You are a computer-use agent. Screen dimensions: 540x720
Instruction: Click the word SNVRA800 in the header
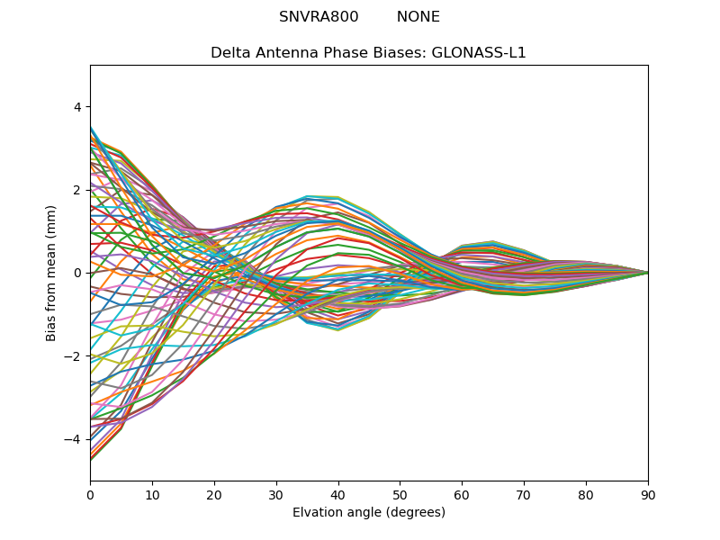pyautogui.click(x=319, y=17)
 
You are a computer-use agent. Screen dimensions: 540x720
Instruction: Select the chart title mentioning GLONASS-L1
pyautogui.click(x=368, y=53)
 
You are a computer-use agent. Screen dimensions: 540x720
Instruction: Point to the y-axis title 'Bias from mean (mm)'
pyautogui.click(x=51, y=273)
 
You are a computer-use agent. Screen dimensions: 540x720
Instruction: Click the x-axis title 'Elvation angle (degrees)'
pyautogui.click(x=369, y=513)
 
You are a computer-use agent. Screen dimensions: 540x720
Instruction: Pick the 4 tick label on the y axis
pyautogui.click(x=76, y=107)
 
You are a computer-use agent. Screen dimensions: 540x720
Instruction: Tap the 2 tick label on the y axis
pyautogui.click(x=76, y=190)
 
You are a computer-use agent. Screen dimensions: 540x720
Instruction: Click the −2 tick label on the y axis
pyautogui.click(x=73, y=356)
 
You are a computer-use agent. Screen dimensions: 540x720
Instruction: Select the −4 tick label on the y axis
pyautogui.click(x=73, y=439)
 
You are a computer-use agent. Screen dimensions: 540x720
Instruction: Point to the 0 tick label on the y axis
pyautogui.click(x=76, y=273)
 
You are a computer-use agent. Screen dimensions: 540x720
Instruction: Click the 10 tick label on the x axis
pyautogui.click(x=152, y=494)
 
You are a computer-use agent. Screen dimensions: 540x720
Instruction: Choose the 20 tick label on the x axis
pyautogui.click(x=214, y=494)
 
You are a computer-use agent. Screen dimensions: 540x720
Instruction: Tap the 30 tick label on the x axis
pyautogui.click(x=276, y=494)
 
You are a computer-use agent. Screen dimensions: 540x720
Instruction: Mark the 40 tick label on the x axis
pyautogui.click(x=338, y=494)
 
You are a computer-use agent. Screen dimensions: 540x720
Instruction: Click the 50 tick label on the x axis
pyautogui.click(x=400, y=494)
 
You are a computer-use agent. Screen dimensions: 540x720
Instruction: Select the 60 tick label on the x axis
pyautogui.click(x=462, y=494)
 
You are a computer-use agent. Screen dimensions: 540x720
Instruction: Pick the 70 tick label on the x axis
pyautogui.click(x=524, y=494)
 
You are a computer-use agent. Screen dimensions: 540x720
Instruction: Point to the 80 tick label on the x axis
pyautogui.click(x=586, y=494)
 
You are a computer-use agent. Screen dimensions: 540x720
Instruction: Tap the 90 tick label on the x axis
pyautogui.click(x=648, y=494)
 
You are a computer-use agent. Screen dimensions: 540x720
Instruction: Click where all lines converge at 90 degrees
pyautogui.click(x=647, y=273)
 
